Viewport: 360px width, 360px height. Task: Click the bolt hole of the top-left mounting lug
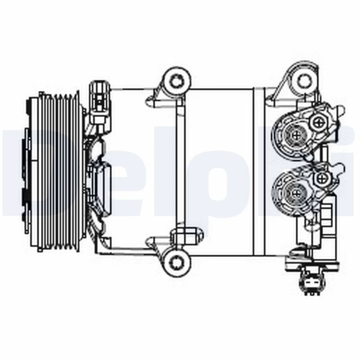176,81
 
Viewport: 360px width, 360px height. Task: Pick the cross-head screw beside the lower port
321,179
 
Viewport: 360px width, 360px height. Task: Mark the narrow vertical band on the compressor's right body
259,171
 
